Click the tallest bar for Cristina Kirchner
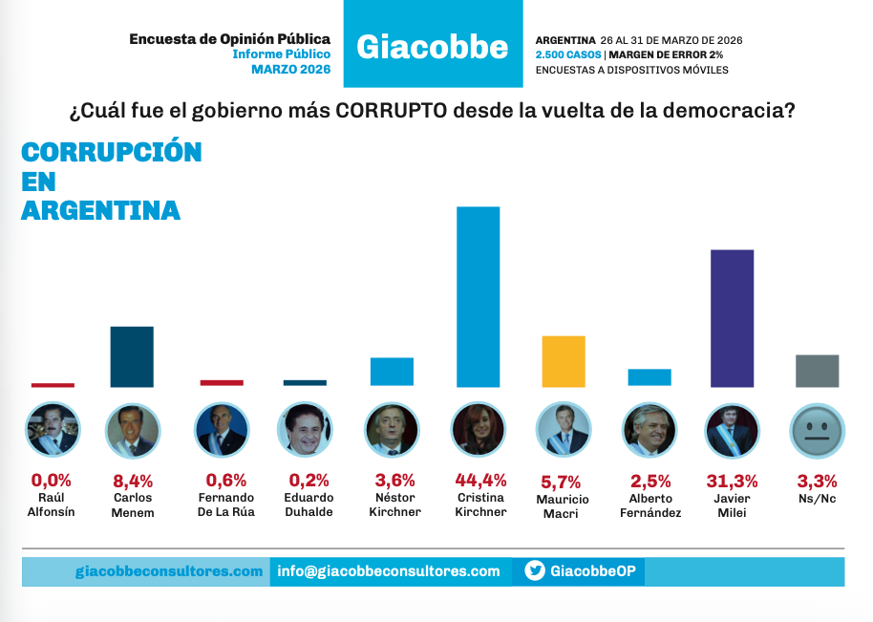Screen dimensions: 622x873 pyautogui.click(x=479, y=296)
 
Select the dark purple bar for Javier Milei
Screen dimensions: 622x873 pyautogui.click(x=733, y=318)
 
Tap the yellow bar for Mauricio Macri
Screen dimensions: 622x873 pyautogui.click(x=563, y=361)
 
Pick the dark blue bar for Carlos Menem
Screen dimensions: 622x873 pyautogui.click(x=132, y=356)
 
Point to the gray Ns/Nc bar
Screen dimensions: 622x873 pyautogui.click(x=817, y=371)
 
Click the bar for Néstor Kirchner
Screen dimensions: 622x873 pyautogui.click(x=392, y=372)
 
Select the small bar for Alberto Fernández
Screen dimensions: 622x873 pyautogui.click(x=649, y=376)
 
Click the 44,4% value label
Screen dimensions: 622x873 pyautogui.click(x=480, y=480)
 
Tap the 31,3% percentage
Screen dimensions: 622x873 pyautogui.click(x=734, y=480)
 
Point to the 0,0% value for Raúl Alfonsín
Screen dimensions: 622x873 pyautogui.click(x=52, y=480)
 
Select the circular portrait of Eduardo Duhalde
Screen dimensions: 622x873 pyautogui.click(x=306, y=429)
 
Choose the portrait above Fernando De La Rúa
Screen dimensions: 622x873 pyautogui.click(x=221, y=429)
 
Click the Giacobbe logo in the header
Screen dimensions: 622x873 pyautogui.click(x=432, y=46)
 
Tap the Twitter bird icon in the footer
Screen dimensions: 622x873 pyautogui.click(x=535, y=571)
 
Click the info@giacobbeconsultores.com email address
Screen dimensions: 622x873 pyautogui.click(x=389, y=571)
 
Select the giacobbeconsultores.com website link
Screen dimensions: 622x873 pyautogui.click(x=169, y=571)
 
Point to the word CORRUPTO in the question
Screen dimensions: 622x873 pyautogui.click(x=392, y=110)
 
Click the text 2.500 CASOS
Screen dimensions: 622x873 pyautogui.click(x=568, y=55)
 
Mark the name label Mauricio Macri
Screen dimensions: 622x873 pyautogui.click(x=563, y=506)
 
